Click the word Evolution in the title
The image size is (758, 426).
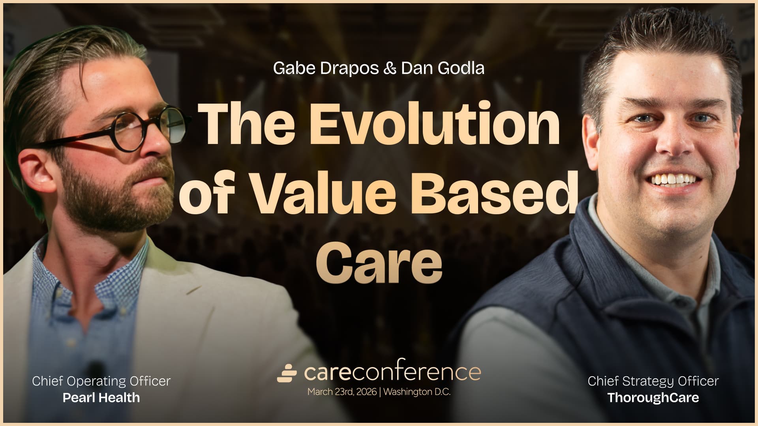point(434,124)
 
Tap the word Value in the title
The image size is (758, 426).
point(324,193)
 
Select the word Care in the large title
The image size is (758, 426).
point(379,262)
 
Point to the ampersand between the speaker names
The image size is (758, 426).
point(390,69)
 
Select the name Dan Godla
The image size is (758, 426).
point(443,69)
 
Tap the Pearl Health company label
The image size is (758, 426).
point(101,398)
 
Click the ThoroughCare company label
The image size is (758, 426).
point(653,398)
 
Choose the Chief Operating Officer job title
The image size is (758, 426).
point(101,381)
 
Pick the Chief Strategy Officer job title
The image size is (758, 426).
point(653,381)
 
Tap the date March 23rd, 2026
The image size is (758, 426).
point(342,392)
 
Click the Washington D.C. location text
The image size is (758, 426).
point(417,392)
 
